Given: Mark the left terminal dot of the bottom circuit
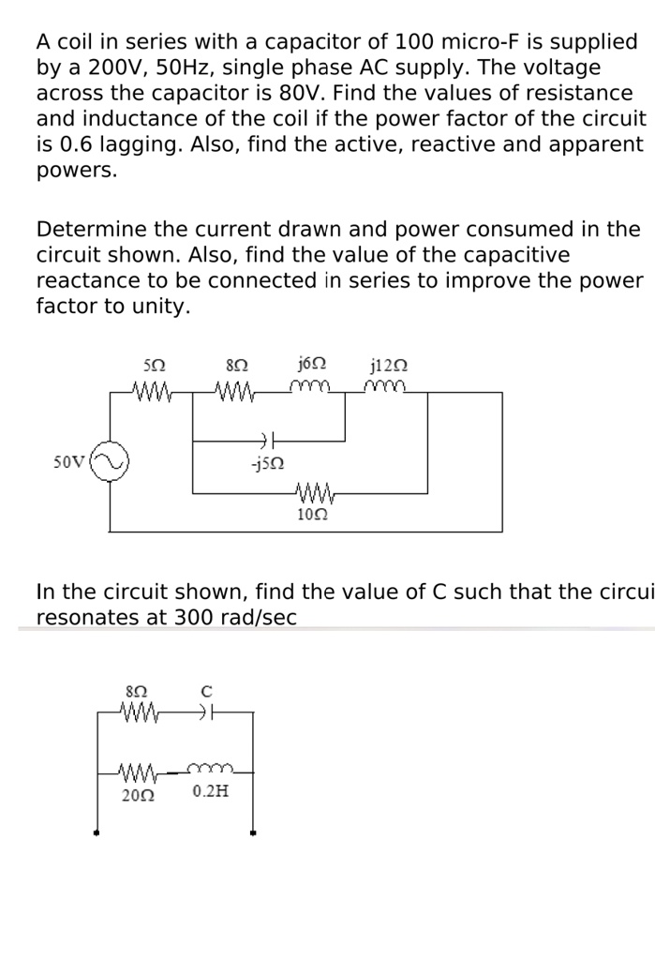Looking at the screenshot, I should coord(96,832).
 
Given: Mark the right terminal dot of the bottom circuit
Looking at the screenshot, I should coord(252,832).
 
